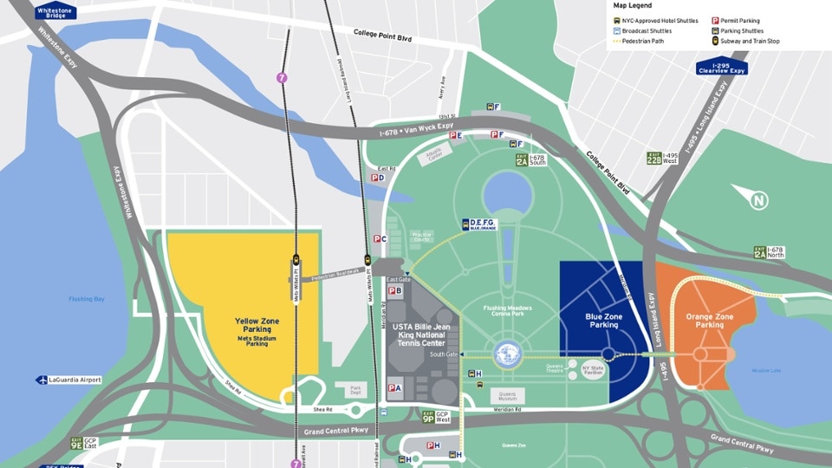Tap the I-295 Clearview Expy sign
(x=721, y=67)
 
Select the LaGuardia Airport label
(x=69, y=380)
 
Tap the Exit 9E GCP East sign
(x=83, y=443)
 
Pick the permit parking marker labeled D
(x=378, y=178)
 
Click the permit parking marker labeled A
(x=394, y=388)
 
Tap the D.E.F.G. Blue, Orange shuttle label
(x=478, y=224)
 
